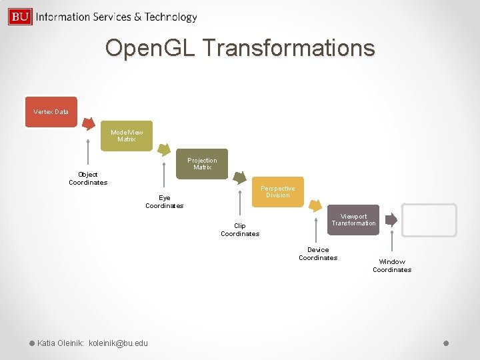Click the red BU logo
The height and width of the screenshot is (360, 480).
pos(20,17)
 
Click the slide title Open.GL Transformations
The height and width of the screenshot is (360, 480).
pos(240,48)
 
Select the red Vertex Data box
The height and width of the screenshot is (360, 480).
pos(51,111)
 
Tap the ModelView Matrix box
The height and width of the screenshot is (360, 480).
pos(127,136)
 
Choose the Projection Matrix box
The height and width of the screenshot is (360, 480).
pos(202,164)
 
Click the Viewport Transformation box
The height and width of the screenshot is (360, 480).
pos(354,220)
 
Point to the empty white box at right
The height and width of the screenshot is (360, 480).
pos(429,220)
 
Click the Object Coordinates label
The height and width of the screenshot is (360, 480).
pos(88,179)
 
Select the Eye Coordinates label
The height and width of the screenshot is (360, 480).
pos(164,202)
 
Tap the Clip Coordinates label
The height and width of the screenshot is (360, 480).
pos(240,230)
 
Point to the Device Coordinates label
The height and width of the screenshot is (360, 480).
pos(318,254)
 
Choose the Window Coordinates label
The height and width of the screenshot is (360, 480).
pos(392,266)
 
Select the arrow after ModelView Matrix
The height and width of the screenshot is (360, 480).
pos(163,151)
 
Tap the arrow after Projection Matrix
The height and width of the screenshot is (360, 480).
pos(240,179)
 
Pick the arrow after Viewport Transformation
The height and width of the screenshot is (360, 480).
pos(391,219)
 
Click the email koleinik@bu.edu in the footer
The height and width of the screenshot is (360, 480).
pos(119,343)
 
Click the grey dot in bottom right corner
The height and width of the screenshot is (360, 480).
pos(446,343)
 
